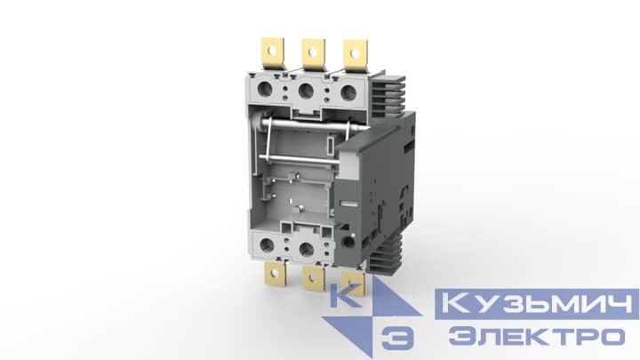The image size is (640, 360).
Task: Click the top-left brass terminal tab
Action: click(x=268, y=52)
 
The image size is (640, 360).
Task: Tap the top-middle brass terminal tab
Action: click(x=312, y=52)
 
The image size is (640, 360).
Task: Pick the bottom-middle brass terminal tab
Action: click(x=313, y=281)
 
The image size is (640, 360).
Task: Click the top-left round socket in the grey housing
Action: click(x=269, y=90)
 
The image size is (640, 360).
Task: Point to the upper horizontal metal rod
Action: click(x=293, y=126)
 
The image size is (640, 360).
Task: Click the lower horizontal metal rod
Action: click(x=293, y=159)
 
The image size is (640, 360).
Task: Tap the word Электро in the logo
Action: click(x=536, y=337)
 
